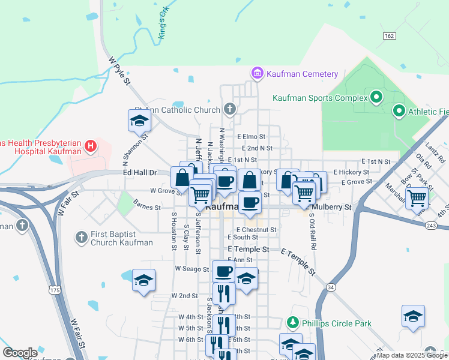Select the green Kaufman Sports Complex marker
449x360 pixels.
376,97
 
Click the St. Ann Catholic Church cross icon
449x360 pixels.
229,109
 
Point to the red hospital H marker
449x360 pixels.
90,146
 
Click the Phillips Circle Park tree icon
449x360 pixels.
293,323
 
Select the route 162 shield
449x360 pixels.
389,37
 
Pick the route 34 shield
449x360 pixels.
331,288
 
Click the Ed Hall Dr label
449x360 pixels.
140,173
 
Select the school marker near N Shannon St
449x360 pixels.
139,121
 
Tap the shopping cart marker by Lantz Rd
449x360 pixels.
417,197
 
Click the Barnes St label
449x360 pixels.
148,208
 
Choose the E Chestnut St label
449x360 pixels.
256,229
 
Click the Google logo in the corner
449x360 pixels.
20,353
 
